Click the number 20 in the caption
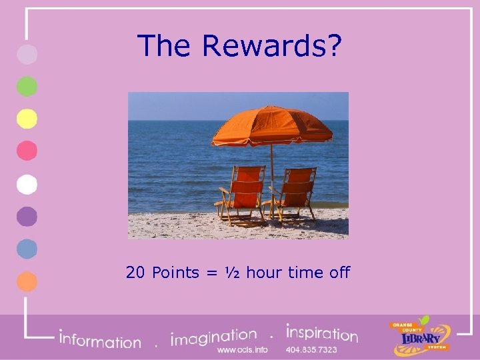136,273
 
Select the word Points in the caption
175,273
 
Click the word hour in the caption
264,273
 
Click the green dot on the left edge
27,87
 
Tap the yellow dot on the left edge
27,119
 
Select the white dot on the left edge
27,183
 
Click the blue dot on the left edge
27,248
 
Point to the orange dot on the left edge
27,281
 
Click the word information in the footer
100,340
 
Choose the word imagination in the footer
214,337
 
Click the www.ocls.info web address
243,350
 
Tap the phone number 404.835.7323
311,350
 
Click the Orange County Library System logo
420,335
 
